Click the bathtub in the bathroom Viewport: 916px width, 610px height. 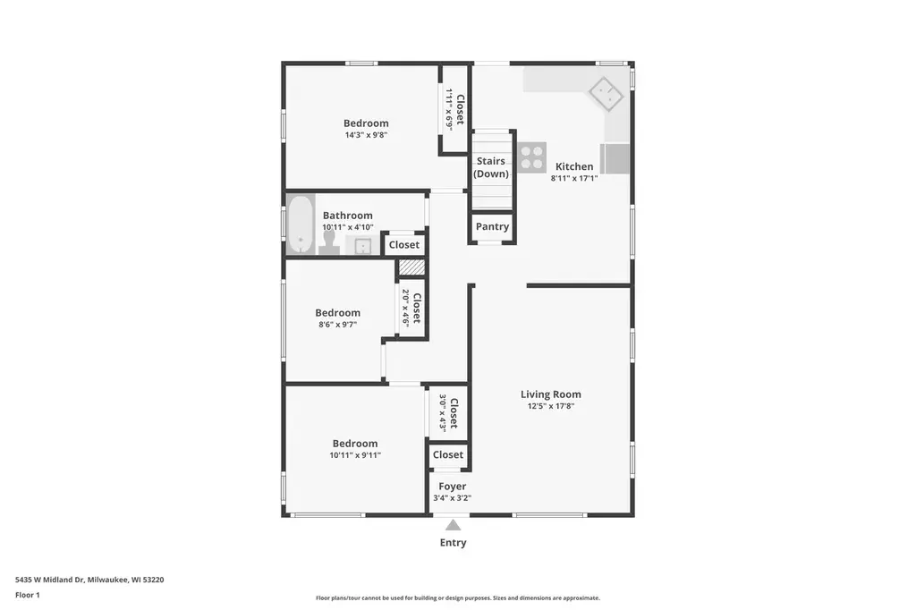[x=300, y=225]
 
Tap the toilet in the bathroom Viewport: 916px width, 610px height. [x=329, y=244]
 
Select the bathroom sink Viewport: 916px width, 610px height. [x=362, y=246]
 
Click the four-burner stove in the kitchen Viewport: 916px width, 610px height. [x=532, y=157]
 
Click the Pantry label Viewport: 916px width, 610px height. [x=492, y=227]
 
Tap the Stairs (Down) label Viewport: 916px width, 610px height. [x=491, y=167]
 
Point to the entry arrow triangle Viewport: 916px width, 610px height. [x=454, y=525]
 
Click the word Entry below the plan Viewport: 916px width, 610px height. [x=453, y=543]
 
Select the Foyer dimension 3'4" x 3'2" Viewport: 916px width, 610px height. [x=452, y=498]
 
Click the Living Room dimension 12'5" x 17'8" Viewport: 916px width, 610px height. [x=550, y=406]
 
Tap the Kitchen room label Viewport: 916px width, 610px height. [x=574, y=166]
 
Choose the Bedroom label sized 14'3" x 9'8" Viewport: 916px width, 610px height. [x=366, y=123]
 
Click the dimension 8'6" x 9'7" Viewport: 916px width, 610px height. [x=338, y=325]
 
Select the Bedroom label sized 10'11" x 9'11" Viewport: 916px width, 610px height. [x=355, y=444]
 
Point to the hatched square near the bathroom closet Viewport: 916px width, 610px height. [x=411, y=267]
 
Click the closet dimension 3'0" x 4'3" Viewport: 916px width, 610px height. [x=443, y=413]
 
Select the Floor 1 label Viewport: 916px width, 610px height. [x=28, y=595]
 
